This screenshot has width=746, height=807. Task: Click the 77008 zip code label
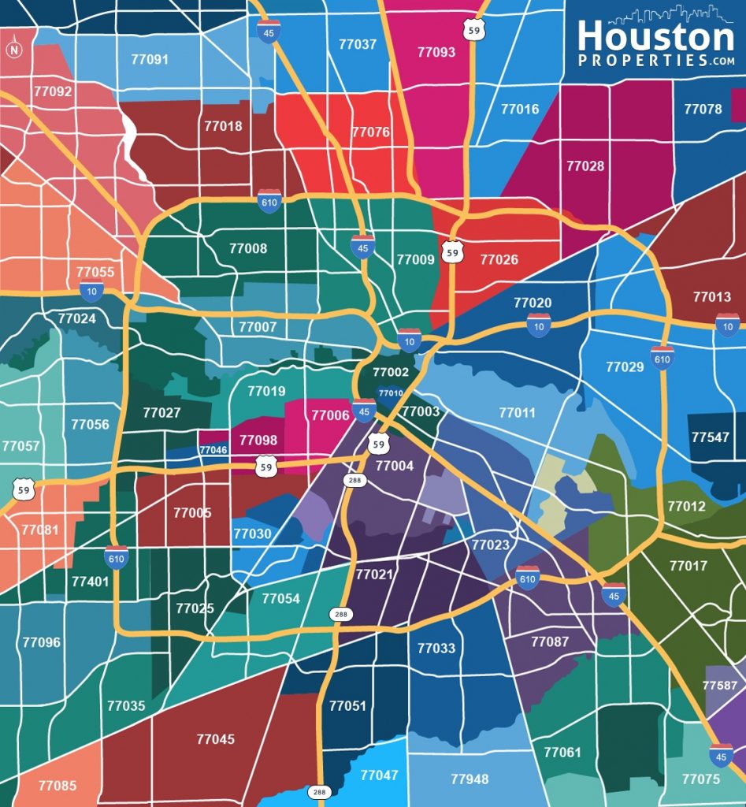tap(248, 248)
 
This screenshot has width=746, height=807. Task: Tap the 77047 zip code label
tap(379, 775)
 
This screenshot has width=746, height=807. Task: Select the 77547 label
tap(710, 437)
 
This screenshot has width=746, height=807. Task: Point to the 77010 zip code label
tap(391, 392)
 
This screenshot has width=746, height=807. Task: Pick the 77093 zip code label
tap(436, 52)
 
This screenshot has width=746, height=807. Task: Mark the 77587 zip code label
tap(720, 686)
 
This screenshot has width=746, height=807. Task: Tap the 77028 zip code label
tap(585, 165)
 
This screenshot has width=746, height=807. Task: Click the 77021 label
tap(373, 575)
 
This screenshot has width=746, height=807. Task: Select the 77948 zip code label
tap(469, 779)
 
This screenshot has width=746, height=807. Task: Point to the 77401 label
tap(90, 582)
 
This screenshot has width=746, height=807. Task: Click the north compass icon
tap(13, 50)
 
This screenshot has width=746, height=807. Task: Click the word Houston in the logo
tap(655, 36)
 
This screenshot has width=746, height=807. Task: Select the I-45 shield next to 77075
tap(720, 756)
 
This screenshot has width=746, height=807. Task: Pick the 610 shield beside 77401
tap(116, 557)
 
